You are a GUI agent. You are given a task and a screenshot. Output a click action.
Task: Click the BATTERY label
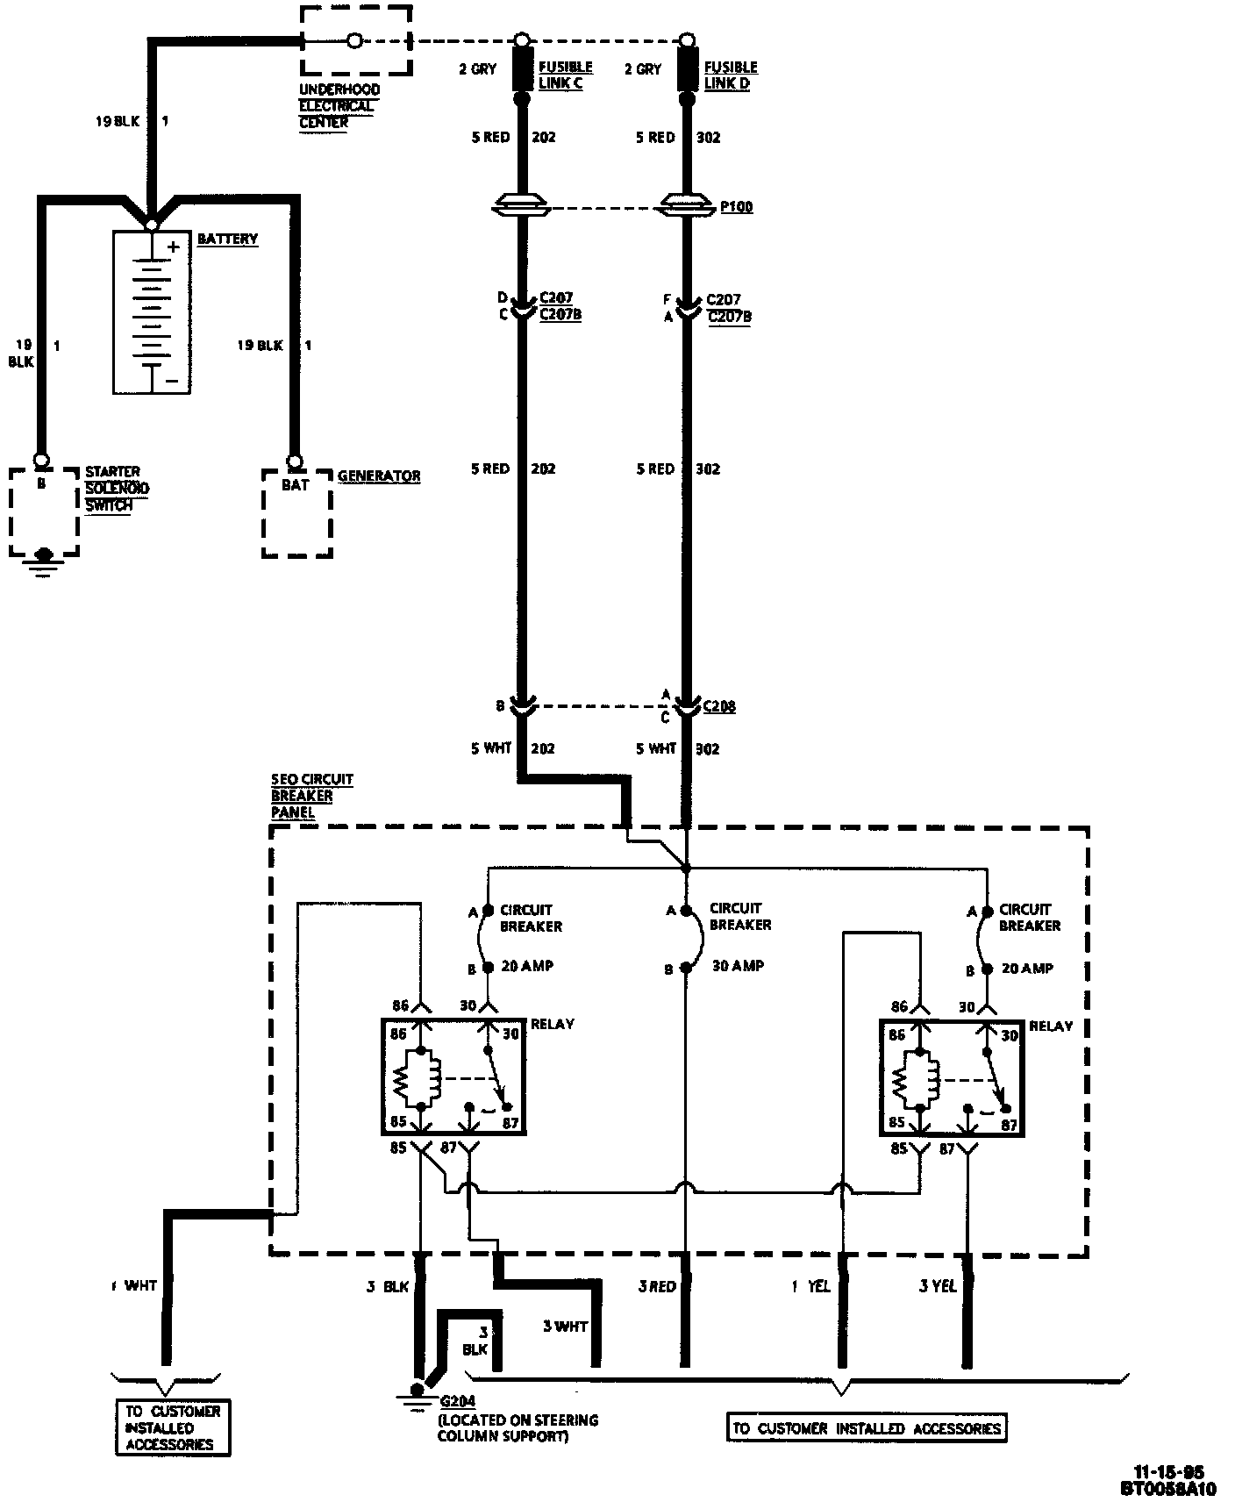(x=227, y=239)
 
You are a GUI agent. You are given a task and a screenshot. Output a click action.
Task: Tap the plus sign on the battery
(x=174, y=247)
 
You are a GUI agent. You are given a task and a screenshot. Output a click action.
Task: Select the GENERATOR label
(x=379, y=476)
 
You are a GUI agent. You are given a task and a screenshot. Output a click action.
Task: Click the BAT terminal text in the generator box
(x=296, y=484)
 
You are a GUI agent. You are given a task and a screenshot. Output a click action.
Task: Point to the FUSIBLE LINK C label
(x=566, y=75)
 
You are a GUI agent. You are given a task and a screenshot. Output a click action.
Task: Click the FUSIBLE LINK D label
(x=731, y=75)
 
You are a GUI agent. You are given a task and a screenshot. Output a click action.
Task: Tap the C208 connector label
(x=720, y=706)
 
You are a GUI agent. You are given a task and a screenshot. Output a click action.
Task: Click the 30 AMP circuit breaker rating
(x=738, y=965)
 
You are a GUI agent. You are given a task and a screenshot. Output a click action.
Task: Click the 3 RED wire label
(x=657, y=1286)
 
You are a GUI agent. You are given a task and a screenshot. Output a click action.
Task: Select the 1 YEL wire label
(x=810, y=1286)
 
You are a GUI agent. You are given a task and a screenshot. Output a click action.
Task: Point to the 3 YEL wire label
(x=937, y=1286)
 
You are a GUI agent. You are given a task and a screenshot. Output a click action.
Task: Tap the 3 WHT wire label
(x=565, y=1326)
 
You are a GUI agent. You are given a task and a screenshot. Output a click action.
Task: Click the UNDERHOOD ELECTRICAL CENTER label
(x=339, y=106)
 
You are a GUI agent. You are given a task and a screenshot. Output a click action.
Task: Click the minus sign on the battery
(x=173, y=381)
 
